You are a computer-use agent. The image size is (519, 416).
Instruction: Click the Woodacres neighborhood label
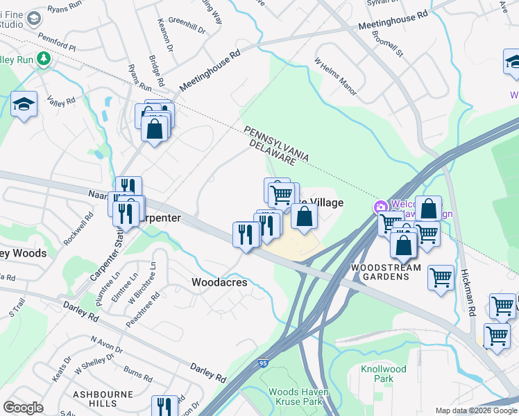pyautogui.click(x=219, y=282)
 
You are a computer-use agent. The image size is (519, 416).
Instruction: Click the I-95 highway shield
pyautogui.click(x=262, y=363)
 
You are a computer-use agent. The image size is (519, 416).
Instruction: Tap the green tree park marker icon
pyautogui.click(x=44, y=59)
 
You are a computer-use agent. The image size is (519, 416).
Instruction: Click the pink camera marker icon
pyautogui.click(x=380, y=207)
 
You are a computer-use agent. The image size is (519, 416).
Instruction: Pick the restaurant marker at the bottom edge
pyautogui.click(x=164, y=406)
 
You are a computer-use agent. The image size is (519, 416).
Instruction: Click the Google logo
pyautogui.click(x=24, y=408)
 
